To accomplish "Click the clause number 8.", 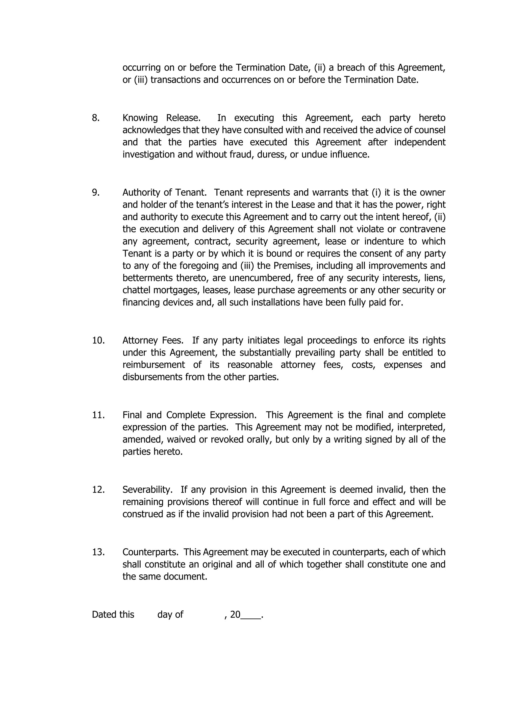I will (x=96, y=118).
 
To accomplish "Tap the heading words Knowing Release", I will (x=161, y=118).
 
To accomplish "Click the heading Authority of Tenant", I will (x=165, y=192).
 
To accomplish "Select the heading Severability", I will (x=147, y=490).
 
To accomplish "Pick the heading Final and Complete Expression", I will (x=189, y=415).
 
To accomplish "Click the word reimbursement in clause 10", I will (x=153, y=365).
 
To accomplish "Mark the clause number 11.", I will (x=98, y=415).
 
